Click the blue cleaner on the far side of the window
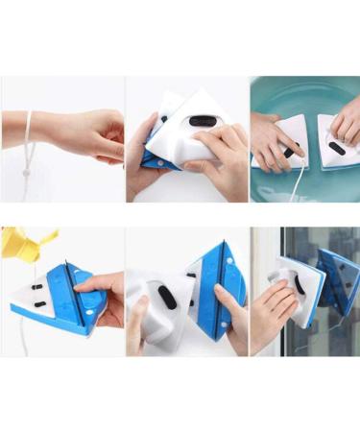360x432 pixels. [341, 278]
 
